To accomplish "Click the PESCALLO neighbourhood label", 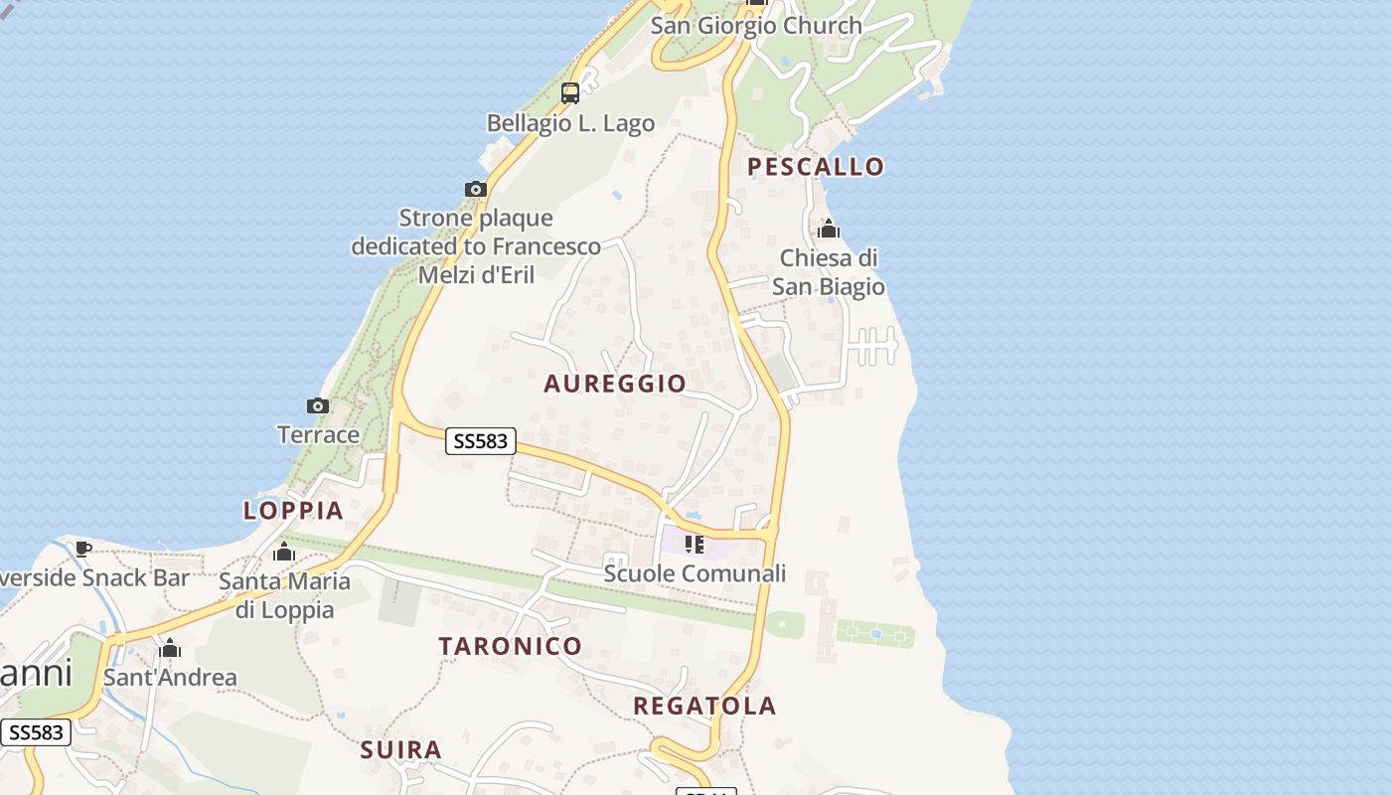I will (x=815, y=166).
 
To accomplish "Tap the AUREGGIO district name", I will (x=615, y=384).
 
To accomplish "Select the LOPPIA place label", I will (x=293, y=511).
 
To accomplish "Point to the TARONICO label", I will (x=511, y=646).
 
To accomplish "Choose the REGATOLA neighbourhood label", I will (x=704, y=707).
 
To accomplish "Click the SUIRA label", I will (x=400, y=749).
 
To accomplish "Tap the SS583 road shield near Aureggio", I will (x=481, y=441).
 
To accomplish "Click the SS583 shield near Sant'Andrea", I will (x=36, y=733).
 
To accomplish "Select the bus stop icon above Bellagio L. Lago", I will (x=570, y=93).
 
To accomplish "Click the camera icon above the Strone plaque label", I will (x=476, y=189).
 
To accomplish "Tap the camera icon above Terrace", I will (x=318, y=405).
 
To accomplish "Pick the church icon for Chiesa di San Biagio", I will (x=829, y=230).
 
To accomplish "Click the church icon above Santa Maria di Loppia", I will (x=284, y=552).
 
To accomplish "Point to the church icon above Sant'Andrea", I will (x=170, y=649).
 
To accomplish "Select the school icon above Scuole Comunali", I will (x=695, y=545).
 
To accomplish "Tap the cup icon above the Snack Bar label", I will (x=83, y=549).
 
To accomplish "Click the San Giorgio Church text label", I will (x=756, y=26).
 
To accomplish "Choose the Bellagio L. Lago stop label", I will (x=570, y=123).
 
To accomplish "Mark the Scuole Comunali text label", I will (x=695, y=573).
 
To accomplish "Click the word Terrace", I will (x=318, y=434).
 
